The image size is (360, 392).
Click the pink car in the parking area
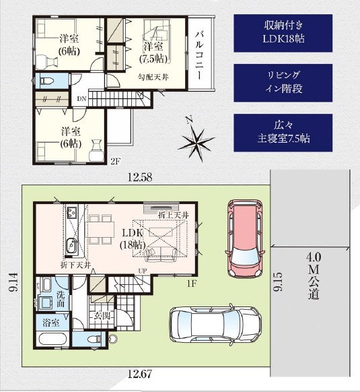[244, 238]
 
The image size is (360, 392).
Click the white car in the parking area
[215, 324]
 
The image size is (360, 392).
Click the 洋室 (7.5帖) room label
[153, 53]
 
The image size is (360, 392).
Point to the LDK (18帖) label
[133, 238]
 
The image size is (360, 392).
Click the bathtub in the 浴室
[52, 339]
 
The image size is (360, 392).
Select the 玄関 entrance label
[102, 316]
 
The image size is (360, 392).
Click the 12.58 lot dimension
[140, 177]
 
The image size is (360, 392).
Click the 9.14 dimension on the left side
[13, 282]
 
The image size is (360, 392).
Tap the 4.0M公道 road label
[314, 275]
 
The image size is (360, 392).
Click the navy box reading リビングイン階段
[283, 83]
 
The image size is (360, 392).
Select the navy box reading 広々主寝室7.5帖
[283, 133]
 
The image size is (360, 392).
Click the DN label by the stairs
[81, 99]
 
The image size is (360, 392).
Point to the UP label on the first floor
[143, 271]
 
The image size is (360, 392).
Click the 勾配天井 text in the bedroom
[153, 77]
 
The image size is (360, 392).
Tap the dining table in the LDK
[100, 229]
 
